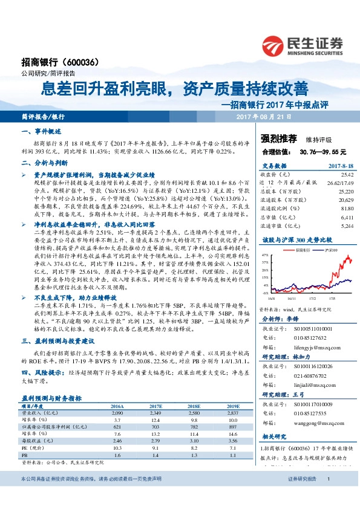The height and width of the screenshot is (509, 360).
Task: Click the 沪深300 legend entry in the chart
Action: point(331,250)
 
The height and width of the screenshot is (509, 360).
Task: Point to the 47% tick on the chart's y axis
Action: point(265,256)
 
